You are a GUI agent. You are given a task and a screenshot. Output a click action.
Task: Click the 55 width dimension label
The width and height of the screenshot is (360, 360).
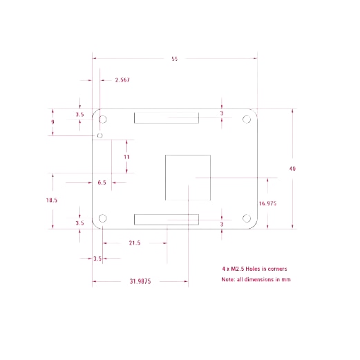coord(175,59)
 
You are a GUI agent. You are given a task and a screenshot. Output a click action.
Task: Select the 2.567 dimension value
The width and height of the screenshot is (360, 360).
coord(122,80)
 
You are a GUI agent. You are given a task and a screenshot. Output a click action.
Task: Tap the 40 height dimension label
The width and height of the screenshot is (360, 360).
coord(292,169)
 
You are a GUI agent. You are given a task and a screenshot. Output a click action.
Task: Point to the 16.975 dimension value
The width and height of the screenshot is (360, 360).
coord(267,203)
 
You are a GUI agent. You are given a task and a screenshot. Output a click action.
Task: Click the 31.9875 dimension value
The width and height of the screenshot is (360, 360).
coord(140,281)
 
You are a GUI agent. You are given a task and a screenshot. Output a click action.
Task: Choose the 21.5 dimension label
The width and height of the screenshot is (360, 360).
coord(135,243)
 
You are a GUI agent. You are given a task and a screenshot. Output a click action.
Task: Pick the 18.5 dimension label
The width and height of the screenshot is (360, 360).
coord(52,200)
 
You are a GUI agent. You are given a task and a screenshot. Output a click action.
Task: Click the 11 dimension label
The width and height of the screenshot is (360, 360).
coord(126,157)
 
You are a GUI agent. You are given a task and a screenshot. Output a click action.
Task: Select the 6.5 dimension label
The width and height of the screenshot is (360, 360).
coord(102,182)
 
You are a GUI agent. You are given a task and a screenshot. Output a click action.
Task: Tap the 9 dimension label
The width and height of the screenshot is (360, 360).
coord(53,122)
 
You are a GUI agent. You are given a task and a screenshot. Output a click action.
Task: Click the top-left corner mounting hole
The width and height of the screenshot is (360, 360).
coord(102,120)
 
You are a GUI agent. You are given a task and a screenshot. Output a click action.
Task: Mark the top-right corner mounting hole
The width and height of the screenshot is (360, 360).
coord(247,120)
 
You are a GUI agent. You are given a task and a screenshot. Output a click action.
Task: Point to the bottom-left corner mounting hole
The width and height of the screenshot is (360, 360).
coord(102,218)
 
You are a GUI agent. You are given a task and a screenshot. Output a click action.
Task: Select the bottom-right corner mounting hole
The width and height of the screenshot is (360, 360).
coord(247,218)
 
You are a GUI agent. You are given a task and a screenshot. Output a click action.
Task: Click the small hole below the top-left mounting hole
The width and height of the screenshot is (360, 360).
coord(100,135)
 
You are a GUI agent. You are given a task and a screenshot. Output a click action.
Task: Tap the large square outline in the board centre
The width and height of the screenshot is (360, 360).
coord(165,178)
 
